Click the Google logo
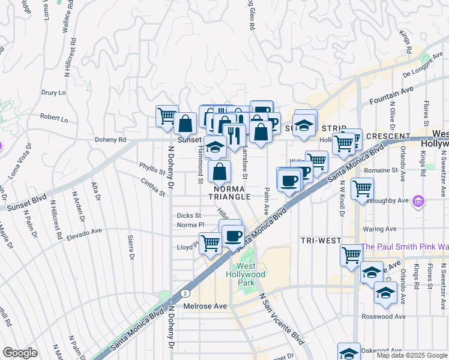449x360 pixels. (20, 353)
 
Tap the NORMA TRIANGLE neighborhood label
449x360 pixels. (228, 192)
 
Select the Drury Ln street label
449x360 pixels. (53, 93)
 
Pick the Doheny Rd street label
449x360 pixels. (110, 140)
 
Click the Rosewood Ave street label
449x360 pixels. (384, 316)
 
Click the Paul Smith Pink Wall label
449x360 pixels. (405, 247)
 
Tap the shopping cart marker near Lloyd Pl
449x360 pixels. (210, 243)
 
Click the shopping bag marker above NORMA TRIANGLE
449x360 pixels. (220, 171)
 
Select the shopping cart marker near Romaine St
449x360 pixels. (362, 188)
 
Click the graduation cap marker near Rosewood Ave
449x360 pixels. (384, 292)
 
